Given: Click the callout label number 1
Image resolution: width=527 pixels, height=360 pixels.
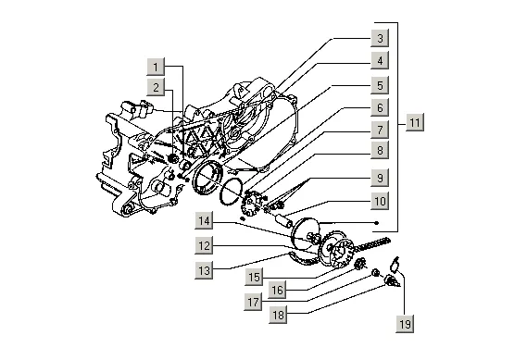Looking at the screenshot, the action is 156,67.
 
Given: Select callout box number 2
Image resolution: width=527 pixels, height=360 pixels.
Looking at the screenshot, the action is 156,87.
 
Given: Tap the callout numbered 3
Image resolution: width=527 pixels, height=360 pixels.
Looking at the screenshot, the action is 380,38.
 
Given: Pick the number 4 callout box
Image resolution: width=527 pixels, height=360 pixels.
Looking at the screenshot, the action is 380,60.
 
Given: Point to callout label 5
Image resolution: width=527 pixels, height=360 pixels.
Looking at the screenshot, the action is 380,85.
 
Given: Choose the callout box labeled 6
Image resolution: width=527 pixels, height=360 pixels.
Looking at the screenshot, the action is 380,107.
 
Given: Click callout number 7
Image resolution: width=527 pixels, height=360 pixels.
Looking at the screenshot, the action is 380,130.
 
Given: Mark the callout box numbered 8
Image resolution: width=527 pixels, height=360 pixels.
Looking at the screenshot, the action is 380,150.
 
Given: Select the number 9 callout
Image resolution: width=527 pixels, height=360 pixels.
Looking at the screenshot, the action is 380,178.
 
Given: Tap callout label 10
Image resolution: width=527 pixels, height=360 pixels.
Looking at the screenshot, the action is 380,201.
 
